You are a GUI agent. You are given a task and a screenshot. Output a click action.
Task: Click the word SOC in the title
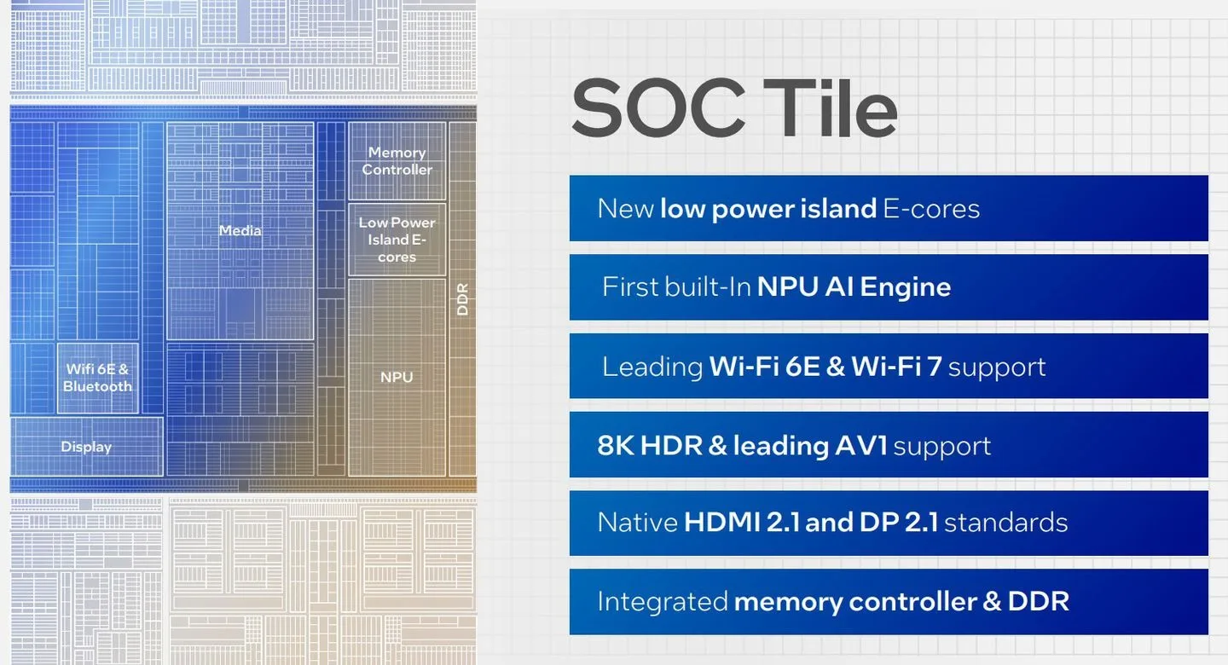pyautogui.click(x=658, y=107)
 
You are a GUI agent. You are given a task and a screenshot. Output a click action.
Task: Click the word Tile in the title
pyautogui.click(x=830, y=107)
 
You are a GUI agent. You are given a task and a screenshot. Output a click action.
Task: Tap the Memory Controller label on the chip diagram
pyautogui.click(x=397, y=160)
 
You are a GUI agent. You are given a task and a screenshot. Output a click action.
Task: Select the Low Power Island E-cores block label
pyautogui.click(x=397, y=240)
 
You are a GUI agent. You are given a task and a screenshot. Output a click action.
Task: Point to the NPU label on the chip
pyautogui.click(x=397, y=377)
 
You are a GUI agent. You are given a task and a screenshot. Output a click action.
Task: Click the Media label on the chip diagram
pyautogui.click(x=240, y=230)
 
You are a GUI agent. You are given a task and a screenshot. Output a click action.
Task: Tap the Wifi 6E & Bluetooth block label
pyautogui.click(x=97, y=377)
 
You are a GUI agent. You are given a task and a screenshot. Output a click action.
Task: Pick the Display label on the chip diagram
pyautogui.click(x=86, y=447)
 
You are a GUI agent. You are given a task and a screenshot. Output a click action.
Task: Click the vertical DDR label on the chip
pyautogui.click(x=463, y=299)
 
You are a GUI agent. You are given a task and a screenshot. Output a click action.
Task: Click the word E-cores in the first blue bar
pyautogui.click(x=931, y=209)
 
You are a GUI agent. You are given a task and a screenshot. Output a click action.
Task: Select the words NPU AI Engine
pyautogui.click(x=854, y=286)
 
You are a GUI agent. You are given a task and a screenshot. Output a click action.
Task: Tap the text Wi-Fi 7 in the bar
pyautogui.click(x=897, y=367)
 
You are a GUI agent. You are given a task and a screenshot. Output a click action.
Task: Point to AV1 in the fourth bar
pyautogui.click(x=861, y=445)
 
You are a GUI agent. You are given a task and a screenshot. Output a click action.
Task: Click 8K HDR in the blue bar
pyautogui.click(x=650, y=445)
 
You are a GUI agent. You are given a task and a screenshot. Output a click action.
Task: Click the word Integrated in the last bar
pyautogui.click(x=663, y=601)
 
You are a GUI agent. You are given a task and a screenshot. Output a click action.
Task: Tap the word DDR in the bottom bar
pyautogui.click(x=1039, y=601)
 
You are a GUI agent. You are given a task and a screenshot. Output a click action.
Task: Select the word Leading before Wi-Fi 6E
pyautogui.click(x=652, y=367)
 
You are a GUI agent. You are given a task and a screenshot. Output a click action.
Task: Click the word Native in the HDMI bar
pyautogui.click(x=638, y=522)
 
